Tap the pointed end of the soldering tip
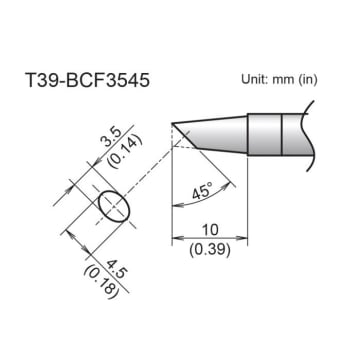point(174,127)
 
